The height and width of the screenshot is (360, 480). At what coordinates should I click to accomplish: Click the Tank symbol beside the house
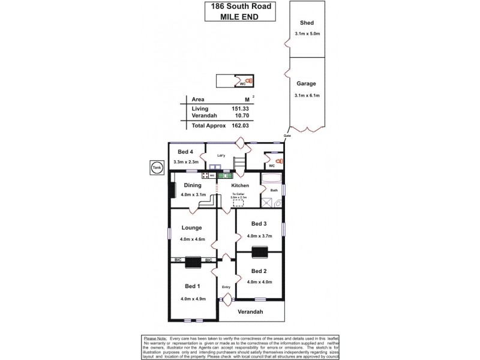(x=157, y=167)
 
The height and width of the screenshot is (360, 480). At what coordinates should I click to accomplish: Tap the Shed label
(x=307, y=22)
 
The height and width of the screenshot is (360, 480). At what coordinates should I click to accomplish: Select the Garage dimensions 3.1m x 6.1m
(x=307, y=96)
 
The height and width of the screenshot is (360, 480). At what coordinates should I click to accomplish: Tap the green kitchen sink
(x=224, y=175)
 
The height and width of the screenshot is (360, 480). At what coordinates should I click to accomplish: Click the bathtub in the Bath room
(x=271, y=179)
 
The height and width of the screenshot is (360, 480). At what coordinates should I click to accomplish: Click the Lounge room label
(x=192, y=228)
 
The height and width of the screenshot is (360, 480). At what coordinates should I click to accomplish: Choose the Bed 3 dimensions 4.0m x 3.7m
(x=260, y=236)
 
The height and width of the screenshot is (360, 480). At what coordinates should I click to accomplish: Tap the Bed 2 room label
(x=260, y=271)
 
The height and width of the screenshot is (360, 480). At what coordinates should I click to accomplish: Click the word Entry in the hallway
(x=226, y=287)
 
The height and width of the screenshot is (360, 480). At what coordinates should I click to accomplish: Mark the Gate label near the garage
(x=287, y=136)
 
